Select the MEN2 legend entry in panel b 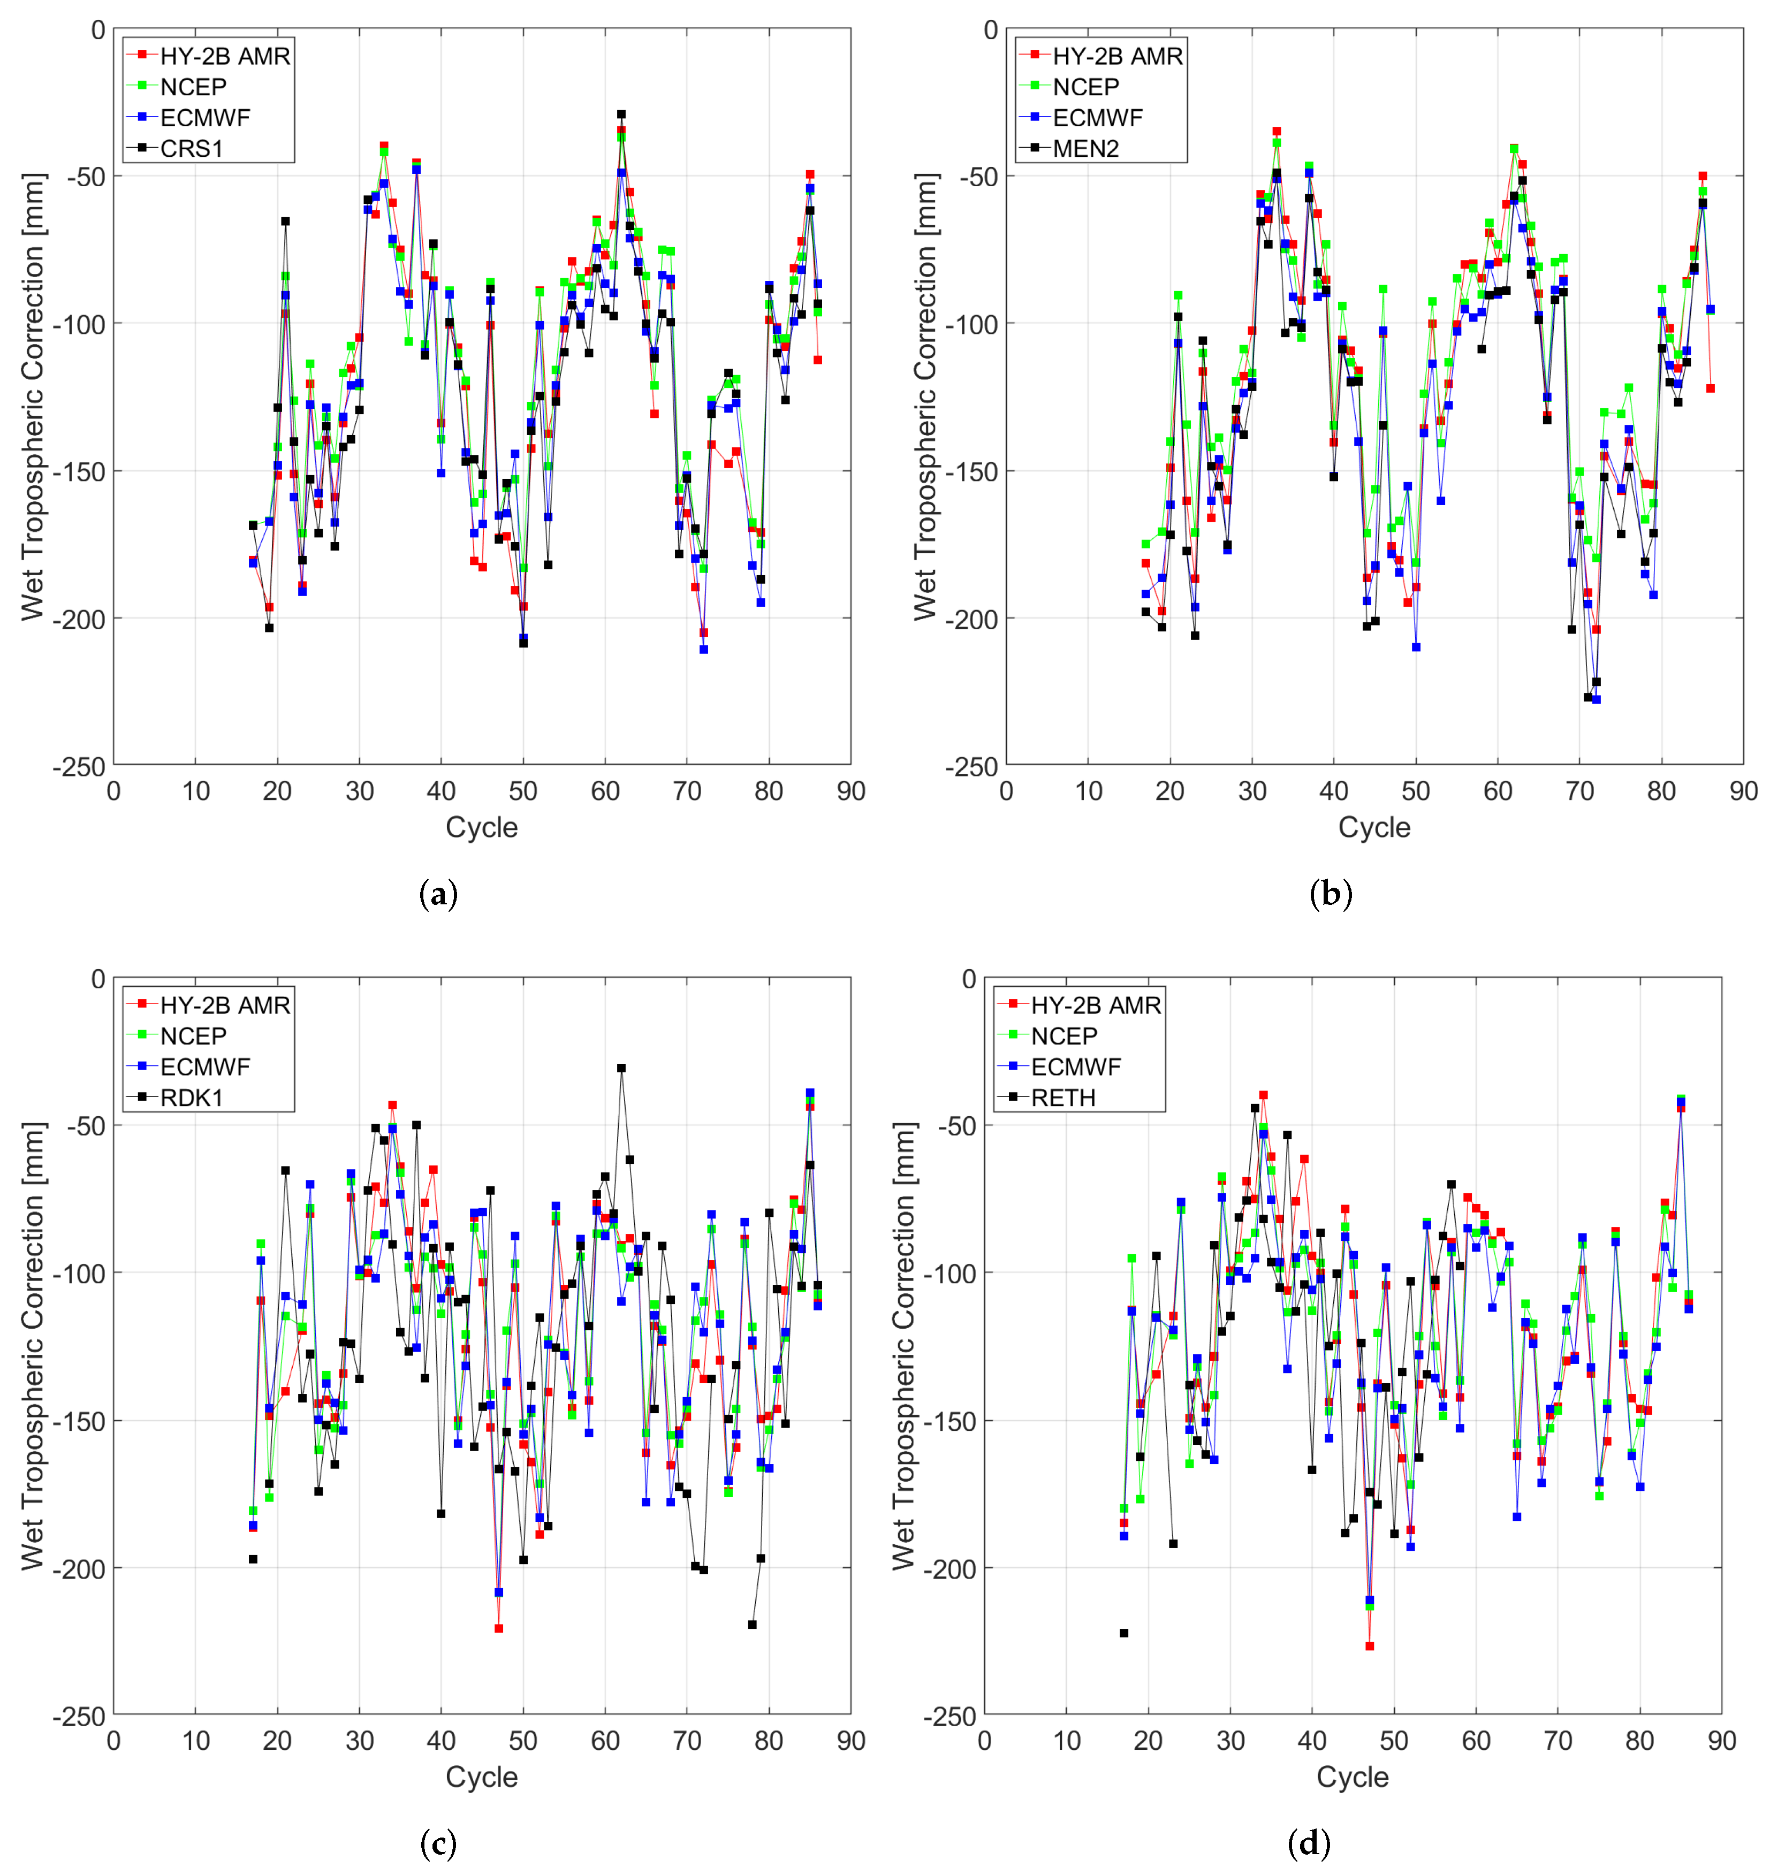[x=1085, y=148]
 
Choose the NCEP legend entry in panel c [x=193, y=1035]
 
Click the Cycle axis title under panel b [x=1374, y=827]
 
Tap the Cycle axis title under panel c [x=481, y=1776]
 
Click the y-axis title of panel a [x=33, y=396]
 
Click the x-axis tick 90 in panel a [x=850, y=791]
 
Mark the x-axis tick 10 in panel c [x=195, y=1740]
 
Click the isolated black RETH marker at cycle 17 [x=1123, y=1633]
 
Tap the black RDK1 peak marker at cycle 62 [x=621, y=1069]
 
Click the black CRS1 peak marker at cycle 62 [x=621, y=114]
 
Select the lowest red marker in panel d [x=1369, y=1646]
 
